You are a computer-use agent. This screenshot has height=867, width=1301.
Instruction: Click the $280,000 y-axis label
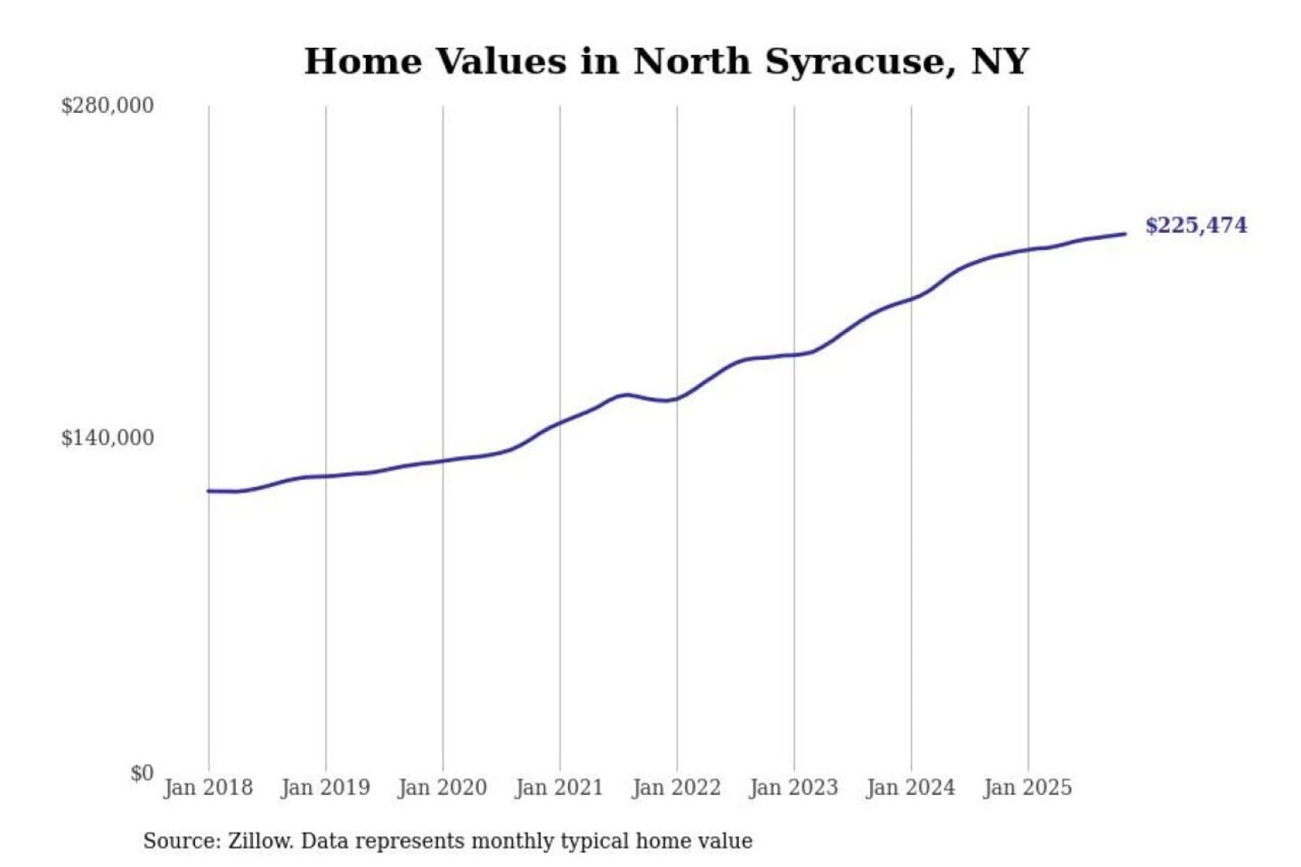pyautogui.click(x=107, y=106)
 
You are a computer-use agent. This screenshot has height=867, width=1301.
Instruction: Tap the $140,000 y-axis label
pyautogui.click(x=107, y=438)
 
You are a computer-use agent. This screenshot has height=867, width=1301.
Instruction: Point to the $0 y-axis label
pyautogui.click(x=142, y=773)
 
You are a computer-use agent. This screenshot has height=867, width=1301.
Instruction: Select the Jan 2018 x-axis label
pyautogui.click(x=208, y=788)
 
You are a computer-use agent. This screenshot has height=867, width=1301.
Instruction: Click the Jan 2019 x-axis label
pyautogui.click(x=325, y=788)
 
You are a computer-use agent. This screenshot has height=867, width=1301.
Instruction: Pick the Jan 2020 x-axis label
pyautogui.click(x=442, y=788)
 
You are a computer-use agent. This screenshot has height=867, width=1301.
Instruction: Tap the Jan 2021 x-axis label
pyautogui.click(x=558, y=788)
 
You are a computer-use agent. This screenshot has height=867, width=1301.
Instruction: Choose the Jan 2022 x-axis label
pyautogui.click(x=676, y=788)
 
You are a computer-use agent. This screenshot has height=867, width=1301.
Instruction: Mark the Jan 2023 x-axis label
pyautogui.click(x=793, y=788)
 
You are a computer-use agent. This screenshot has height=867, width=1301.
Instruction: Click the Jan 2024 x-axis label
pyautogui.click(x=910, y=788)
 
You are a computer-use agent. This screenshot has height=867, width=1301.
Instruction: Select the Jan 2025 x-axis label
pyautogui.click(x=1027, y=788)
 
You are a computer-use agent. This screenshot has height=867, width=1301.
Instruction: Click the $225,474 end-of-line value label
pyautogui.click(x=1195, y=225)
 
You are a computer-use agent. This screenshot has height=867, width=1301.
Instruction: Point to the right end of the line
pyautogui.click(x=1125, y=234)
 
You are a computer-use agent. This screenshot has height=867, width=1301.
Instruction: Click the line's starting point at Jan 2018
pyautogui.click(x=209, y=490)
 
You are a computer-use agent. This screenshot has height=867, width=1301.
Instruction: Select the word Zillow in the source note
pyautogui.click(x=259, y=841)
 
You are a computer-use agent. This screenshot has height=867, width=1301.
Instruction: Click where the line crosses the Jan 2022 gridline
pyautogui.click(x=677, y=398)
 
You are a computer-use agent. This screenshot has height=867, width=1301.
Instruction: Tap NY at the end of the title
pyautogui.click(x=1000, y=61)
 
